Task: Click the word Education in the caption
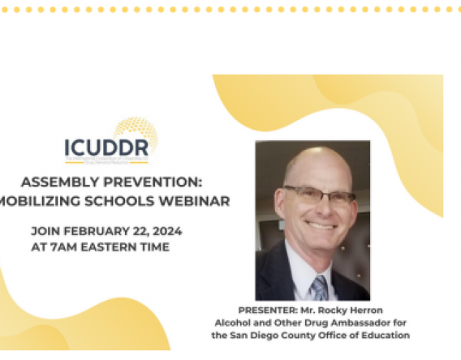coord(386,335)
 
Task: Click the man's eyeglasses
coord(319,195)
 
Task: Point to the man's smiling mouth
coord(321,226)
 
